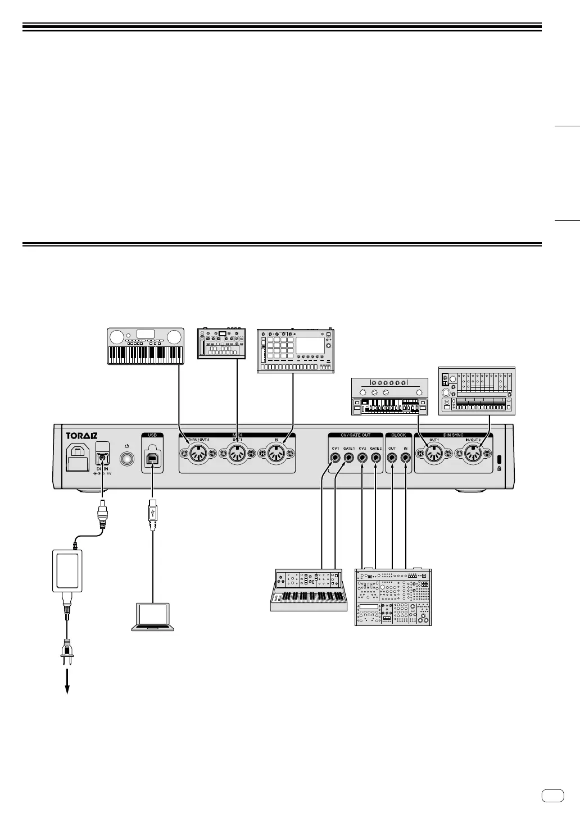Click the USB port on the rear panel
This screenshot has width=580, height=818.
point(152,458)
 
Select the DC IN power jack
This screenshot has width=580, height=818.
point(102,457)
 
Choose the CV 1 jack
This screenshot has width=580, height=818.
point(336,458)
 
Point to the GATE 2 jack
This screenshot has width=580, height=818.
point(375,458)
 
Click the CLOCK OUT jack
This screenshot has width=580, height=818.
point(392,458)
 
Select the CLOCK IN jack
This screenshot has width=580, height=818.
point(405,458)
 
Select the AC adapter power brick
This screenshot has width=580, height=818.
point(67,570)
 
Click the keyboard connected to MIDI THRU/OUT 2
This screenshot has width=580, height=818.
point(146,346)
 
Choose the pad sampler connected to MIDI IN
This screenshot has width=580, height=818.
point(295,351)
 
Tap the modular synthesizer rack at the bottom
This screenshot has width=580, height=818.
point(393,597)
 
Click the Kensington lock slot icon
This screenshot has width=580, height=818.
point(499,458)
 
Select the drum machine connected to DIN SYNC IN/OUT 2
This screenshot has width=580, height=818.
point(477,391)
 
